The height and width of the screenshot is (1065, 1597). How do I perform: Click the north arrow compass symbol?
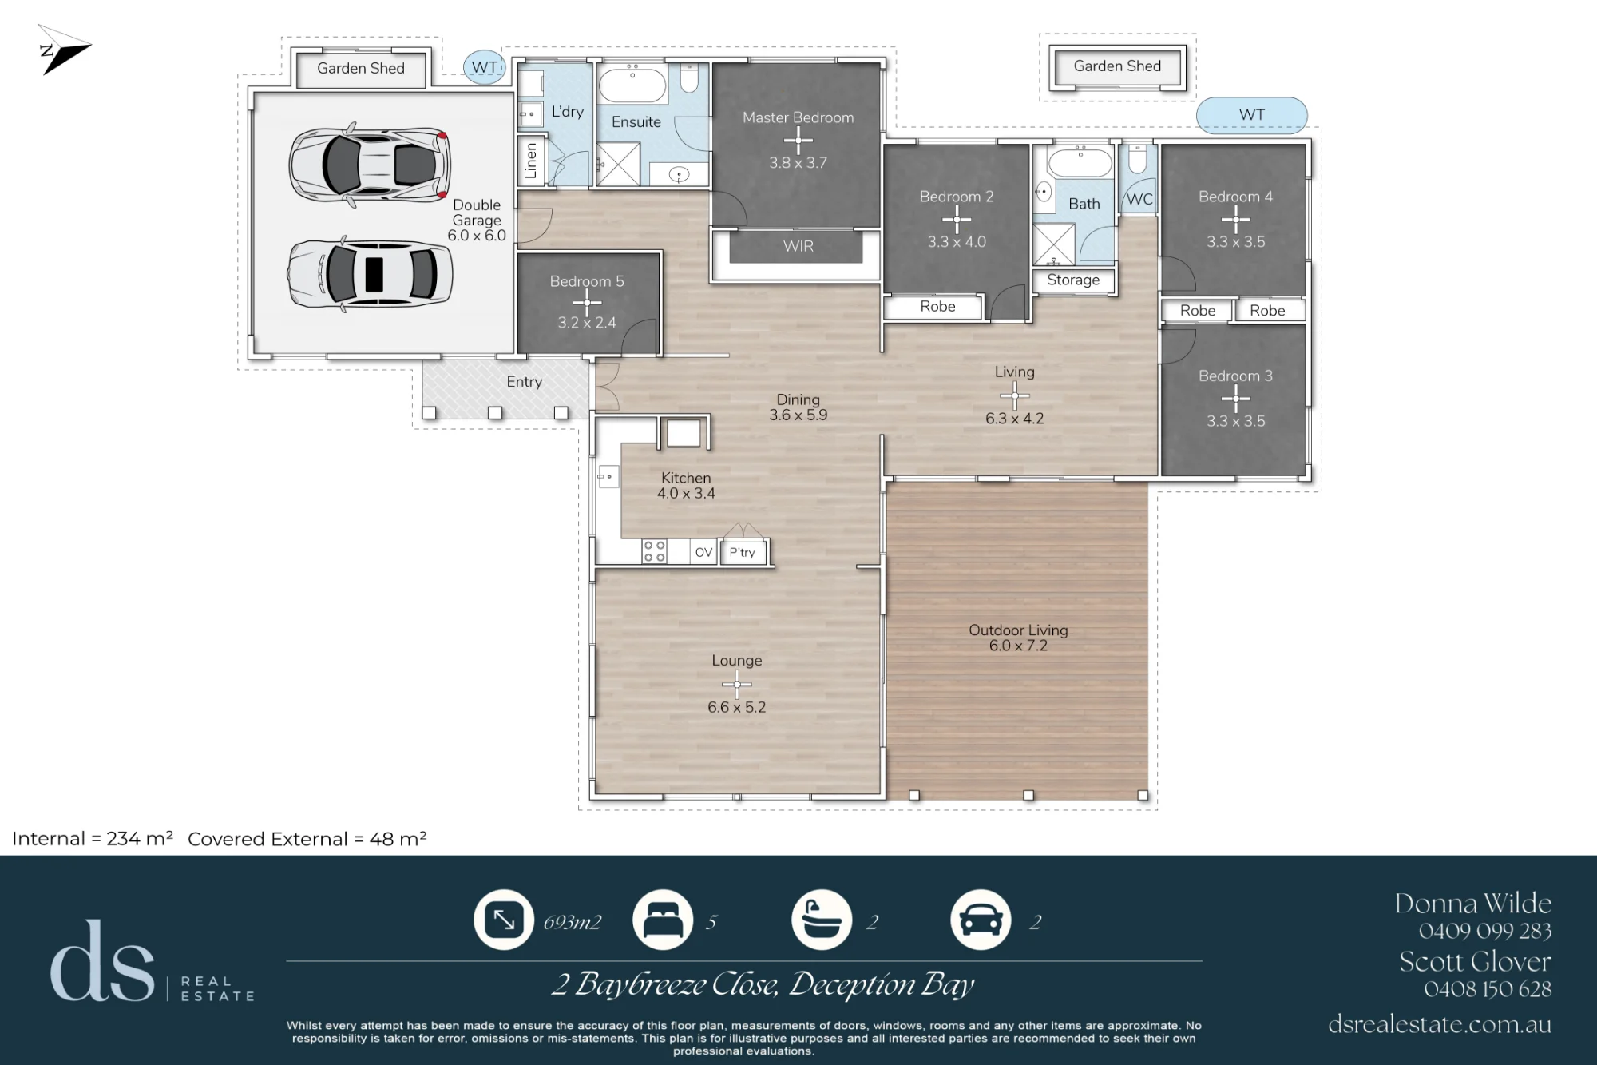coord(64,50)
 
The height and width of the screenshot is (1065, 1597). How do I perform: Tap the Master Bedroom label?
coord(798,117)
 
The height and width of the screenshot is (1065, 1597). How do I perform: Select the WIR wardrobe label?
coord(798,246)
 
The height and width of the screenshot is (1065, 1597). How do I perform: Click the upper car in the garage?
coord(369,165)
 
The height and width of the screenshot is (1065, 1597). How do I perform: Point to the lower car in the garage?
coord(370,274)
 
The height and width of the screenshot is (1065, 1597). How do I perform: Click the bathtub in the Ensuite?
coord(632,85)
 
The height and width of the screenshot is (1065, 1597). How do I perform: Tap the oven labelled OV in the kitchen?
coord(703,552)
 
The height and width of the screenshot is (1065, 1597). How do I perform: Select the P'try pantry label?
coord(742,552)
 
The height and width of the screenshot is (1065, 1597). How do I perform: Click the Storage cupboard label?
coord(1073,280)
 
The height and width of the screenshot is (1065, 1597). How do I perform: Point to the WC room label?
coord(1139,199)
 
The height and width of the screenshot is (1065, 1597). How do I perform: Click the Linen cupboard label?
coord(531,161)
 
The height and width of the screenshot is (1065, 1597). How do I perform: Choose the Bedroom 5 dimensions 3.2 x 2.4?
coord(587,323)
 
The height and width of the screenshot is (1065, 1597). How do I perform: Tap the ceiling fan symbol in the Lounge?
coord(736,684)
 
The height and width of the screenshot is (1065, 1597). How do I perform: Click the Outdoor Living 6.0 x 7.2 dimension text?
coord(1018,646)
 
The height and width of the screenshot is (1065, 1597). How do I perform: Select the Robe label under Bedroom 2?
coord(937,306)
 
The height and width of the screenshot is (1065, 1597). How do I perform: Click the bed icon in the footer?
coord(663,920)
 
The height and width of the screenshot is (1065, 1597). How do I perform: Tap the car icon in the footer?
coord(981,920)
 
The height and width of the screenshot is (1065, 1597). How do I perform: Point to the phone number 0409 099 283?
coord(1485,931)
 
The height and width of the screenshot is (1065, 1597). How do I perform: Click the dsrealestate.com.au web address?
coord(1440,1024)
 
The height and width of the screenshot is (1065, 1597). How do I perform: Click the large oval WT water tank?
coord(1251,115)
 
